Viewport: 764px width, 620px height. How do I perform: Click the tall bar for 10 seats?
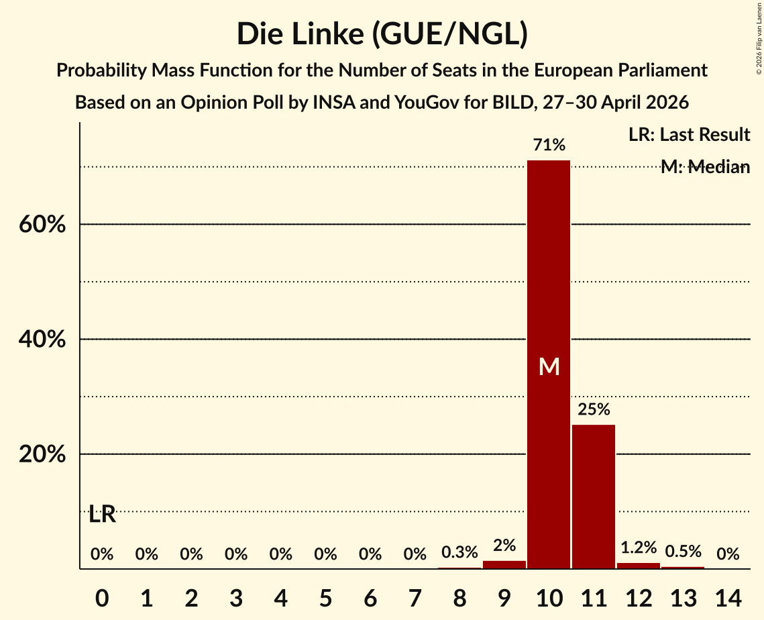[x=549, y=364]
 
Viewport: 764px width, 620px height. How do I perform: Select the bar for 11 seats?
[x=594, y=497]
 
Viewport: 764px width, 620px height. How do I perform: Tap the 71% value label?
[x=549, y=145]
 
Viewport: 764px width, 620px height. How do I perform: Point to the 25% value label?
[x=594, y=409]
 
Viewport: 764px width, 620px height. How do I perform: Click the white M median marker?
[x=549, y=366]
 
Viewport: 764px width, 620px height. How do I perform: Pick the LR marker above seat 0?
[x=103, y=514]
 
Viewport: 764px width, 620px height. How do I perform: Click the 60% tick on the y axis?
[x=42, y=225]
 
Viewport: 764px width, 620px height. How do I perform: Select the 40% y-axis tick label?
[x=42, y=340]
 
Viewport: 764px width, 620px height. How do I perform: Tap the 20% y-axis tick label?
[x=42, y=454]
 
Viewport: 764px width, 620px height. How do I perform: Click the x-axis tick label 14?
[x=728, y=598]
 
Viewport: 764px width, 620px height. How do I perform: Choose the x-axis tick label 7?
[x=415, y=598]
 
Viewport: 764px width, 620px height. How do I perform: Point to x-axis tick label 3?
[x=236, y=598]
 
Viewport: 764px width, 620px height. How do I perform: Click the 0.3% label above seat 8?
[x=459, y=552]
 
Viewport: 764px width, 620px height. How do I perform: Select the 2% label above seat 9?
[x=504, y=546]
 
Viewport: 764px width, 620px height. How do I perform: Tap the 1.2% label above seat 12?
[x=639, y=548]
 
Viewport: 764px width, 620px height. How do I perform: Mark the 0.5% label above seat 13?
[x=684, y=552]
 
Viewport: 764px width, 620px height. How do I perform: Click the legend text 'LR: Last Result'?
[x=689, y=134]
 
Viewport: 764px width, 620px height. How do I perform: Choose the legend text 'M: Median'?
[x=705, y=167]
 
